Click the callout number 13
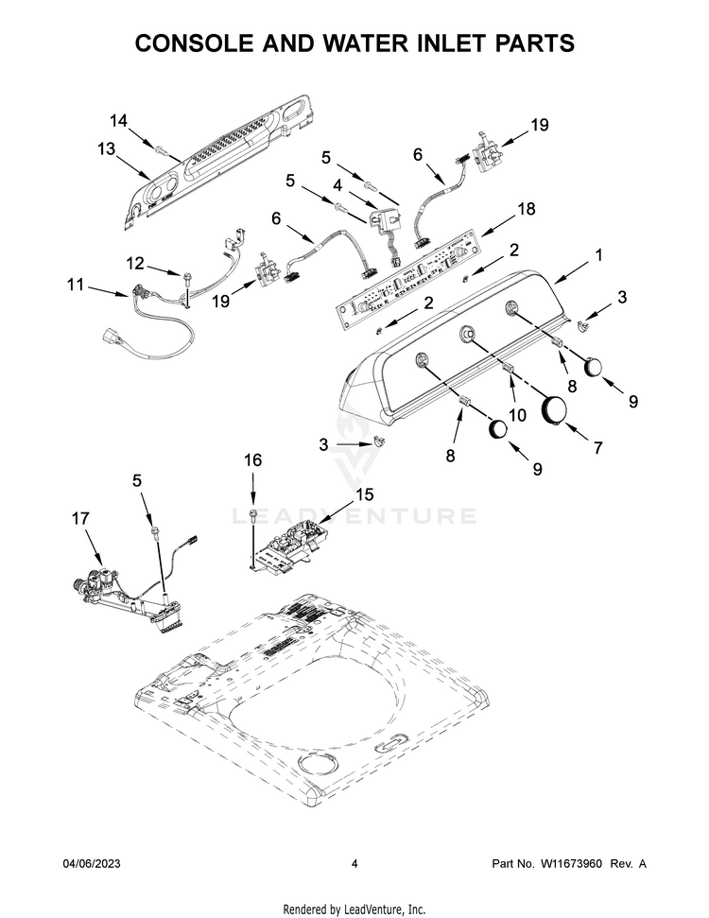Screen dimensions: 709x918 (106, 149)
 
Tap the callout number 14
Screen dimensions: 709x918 (118, 121)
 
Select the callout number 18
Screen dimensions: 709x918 (527, 208)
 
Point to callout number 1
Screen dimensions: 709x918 (598, 254)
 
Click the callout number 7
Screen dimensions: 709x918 (597, 447)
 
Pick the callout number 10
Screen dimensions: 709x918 (517, 415)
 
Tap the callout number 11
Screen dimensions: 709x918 (76, 286)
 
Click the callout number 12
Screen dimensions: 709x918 (135, 264)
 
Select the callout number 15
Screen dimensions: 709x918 (364, 494)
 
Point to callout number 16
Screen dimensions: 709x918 (253, 460)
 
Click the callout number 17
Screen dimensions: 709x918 (80, 518)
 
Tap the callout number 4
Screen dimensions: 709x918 (337, 185)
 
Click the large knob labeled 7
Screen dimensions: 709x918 (553, 408)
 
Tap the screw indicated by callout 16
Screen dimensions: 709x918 (253, 513)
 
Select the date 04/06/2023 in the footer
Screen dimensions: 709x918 (92, 863)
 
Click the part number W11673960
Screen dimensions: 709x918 (570, 863)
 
